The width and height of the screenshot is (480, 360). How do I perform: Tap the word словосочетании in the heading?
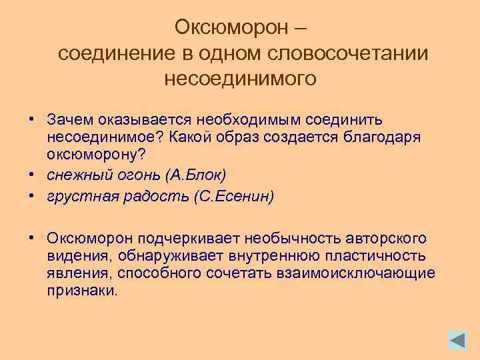(346, 53)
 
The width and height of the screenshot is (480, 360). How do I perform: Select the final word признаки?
(82, 290)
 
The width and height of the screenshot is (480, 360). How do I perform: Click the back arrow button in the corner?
(457, 341)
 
